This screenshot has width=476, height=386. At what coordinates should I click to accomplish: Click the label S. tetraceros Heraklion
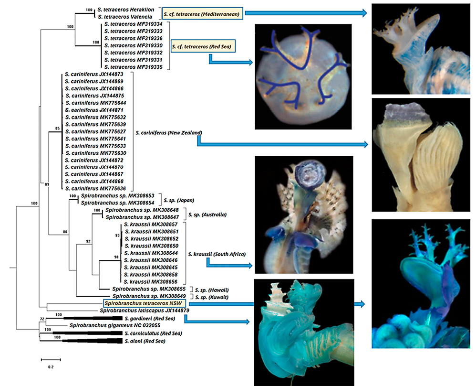click(x=126, y=10)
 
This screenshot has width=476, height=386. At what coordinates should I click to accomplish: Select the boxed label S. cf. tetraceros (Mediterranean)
click(x=203, y=14)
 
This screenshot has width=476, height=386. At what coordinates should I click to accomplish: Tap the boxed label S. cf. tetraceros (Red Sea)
click(x=203, y=46)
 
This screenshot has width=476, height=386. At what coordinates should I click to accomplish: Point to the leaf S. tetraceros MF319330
click(x=133, y=46)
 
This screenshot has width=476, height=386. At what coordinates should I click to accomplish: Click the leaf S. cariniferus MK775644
click(x=95, y=103)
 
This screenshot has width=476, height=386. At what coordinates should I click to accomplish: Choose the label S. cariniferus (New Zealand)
click(x=169, y=133)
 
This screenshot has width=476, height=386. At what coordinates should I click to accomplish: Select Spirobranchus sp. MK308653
click(x=117, y=195)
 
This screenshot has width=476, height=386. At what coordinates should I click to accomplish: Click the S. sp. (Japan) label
click(x=179, y=200)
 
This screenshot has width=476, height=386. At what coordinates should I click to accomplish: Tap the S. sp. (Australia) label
click(x=207, y=214)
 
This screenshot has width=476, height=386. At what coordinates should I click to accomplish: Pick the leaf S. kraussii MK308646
click(x=151, y=260)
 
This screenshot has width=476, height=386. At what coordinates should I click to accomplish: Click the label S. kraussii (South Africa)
click(x=217, y=254)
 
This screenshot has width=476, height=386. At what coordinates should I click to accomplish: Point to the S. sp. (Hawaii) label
click(x=212, y=290)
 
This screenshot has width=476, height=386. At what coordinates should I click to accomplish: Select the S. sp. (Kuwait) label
click(x=212, y=297)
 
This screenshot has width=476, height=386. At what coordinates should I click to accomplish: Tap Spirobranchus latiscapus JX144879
click(x=145, y=311)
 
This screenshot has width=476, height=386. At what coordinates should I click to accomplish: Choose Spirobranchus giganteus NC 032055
click(x=115, y=325)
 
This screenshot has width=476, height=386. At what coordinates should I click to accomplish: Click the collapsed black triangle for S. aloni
click(x=92, y=341)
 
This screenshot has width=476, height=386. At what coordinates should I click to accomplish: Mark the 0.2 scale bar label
click(x=51, y=367)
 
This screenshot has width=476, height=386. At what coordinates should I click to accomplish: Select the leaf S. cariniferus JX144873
click(x=94, y=74)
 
